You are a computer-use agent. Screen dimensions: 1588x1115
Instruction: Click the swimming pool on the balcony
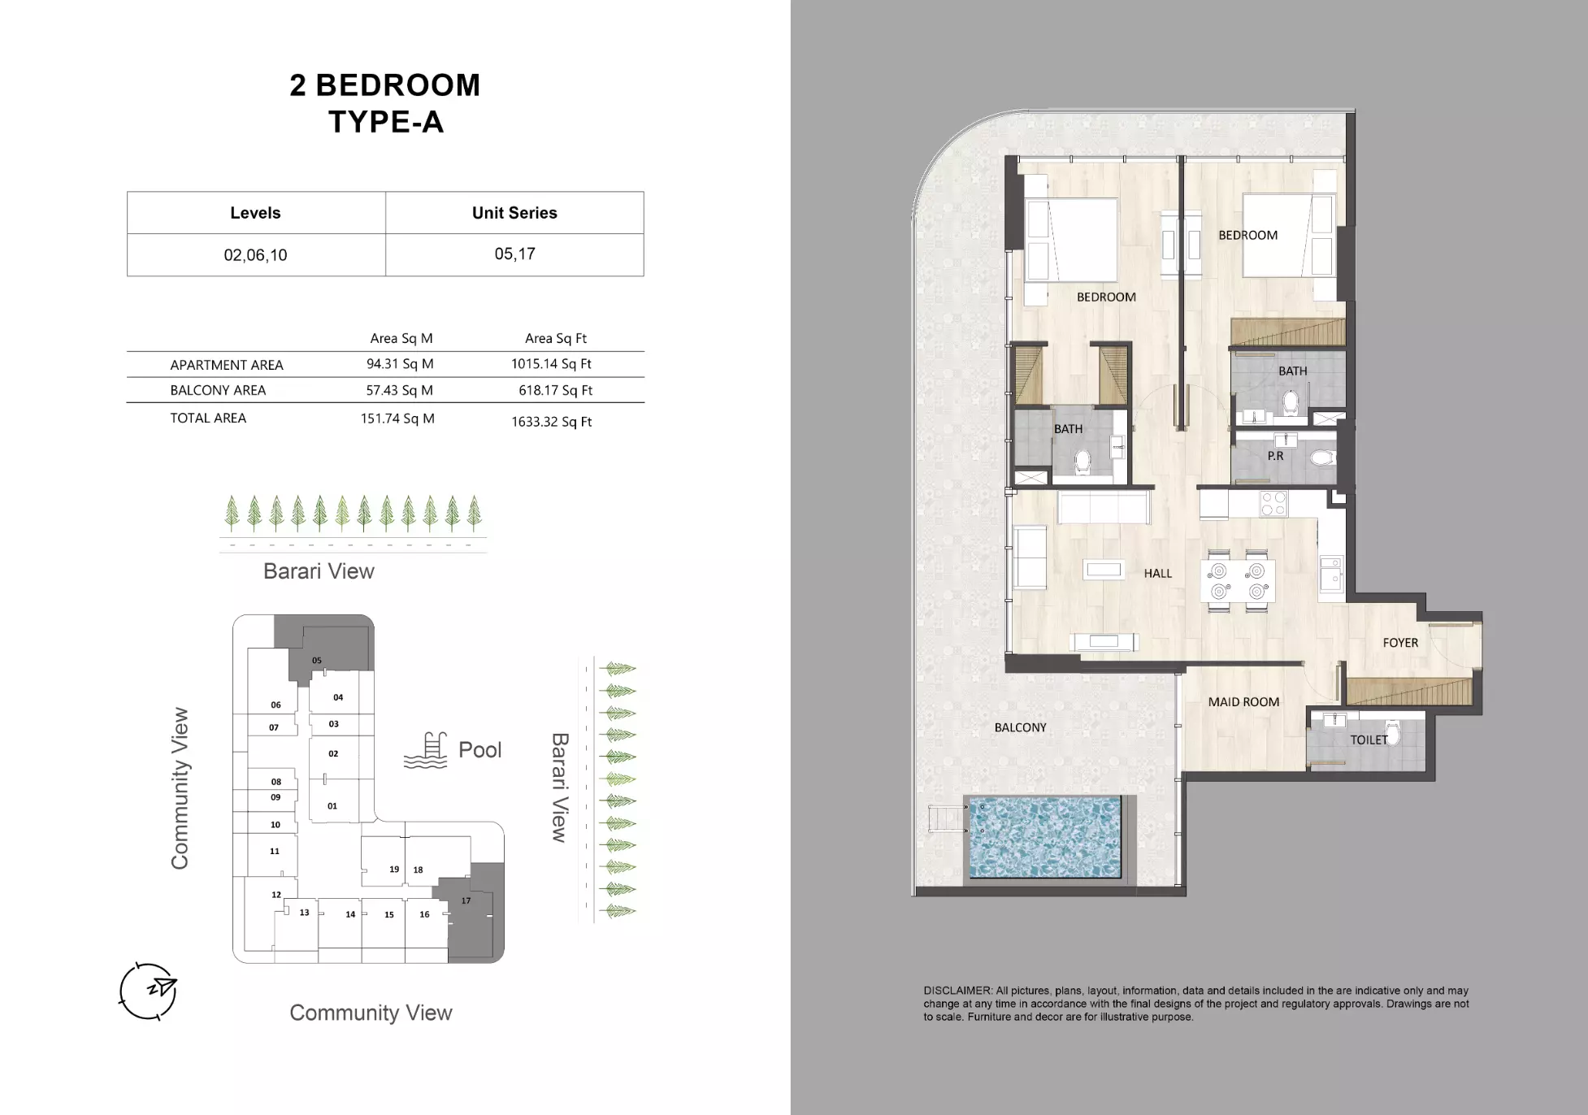[1045, 837]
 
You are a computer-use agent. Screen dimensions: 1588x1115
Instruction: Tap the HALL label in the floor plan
[1158, 573]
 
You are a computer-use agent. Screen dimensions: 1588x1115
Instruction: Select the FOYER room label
[1400, 643]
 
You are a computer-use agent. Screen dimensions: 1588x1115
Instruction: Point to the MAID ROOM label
[1243, 702]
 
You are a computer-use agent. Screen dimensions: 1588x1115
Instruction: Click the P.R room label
[1276, 456]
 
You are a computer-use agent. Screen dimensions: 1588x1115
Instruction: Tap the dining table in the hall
[1238, 581]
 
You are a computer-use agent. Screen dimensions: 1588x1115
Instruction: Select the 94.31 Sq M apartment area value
[400, 364]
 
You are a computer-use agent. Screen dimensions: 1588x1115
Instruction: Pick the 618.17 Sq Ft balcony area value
[556, 390]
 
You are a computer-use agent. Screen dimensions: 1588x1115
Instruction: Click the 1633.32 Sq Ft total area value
[552, 422]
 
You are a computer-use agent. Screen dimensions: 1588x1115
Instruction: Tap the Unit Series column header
[514, 213]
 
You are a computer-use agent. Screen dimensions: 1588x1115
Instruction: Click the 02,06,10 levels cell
[255, 255]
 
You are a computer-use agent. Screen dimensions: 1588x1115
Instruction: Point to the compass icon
[148, 991]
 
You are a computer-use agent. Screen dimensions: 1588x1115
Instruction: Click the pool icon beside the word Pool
[426, 750]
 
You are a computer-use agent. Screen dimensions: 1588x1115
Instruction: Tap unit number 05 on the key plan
[317, 661]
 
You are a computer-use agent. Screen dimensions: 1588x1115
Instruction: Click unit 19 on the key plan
[394, 869]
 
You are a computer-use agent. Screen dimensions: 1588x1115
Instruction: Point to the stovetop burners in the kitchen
[1273, 504]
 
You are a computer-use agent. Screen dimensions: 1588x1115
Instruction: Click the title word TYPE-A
[386, 122]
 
